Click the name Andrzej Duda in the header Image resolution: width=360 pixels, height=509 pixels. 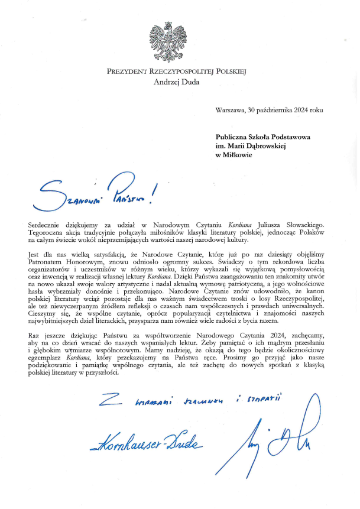point(176,82)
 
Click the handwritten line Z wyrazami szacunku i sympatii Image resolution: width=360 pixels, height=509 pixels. point(189,402)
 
